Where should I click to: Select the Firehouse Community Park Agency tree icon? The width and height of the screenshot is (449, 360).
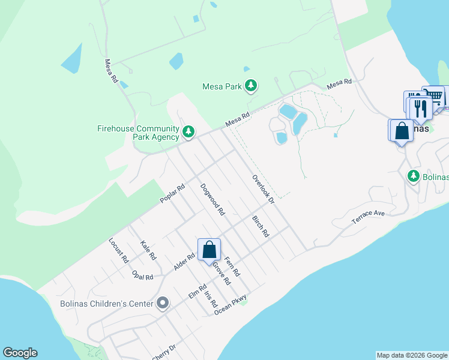[188, 131]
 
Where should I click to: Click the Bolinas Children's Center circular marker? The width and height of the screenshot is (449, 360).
[162, 304]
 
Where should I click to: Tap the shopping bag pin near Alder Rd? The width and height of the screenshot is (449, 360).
[209, 250]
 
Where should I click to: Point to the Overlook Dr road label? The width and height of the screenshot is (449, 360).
[263, 188]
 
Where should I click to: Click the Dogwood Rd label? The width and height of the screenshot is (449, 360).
[212, 199]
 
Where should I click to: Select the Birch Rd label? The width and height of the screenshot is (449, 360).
[261, 226]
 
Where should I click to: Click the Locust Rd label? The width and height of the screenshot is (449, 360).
[118, 251]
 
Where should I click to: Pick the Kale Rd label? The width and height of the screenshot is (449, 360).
[148, 250]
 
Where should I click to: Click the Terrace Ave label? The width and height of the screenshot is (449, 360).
[368, 218]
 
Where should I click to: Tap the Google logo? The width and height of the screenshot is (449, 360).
[20, 353]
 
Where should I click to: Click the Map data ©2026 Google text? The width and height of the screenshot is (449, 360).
[412, 355]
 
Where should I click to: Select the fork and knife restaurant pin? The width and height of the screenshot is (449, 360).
[420, 109]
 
